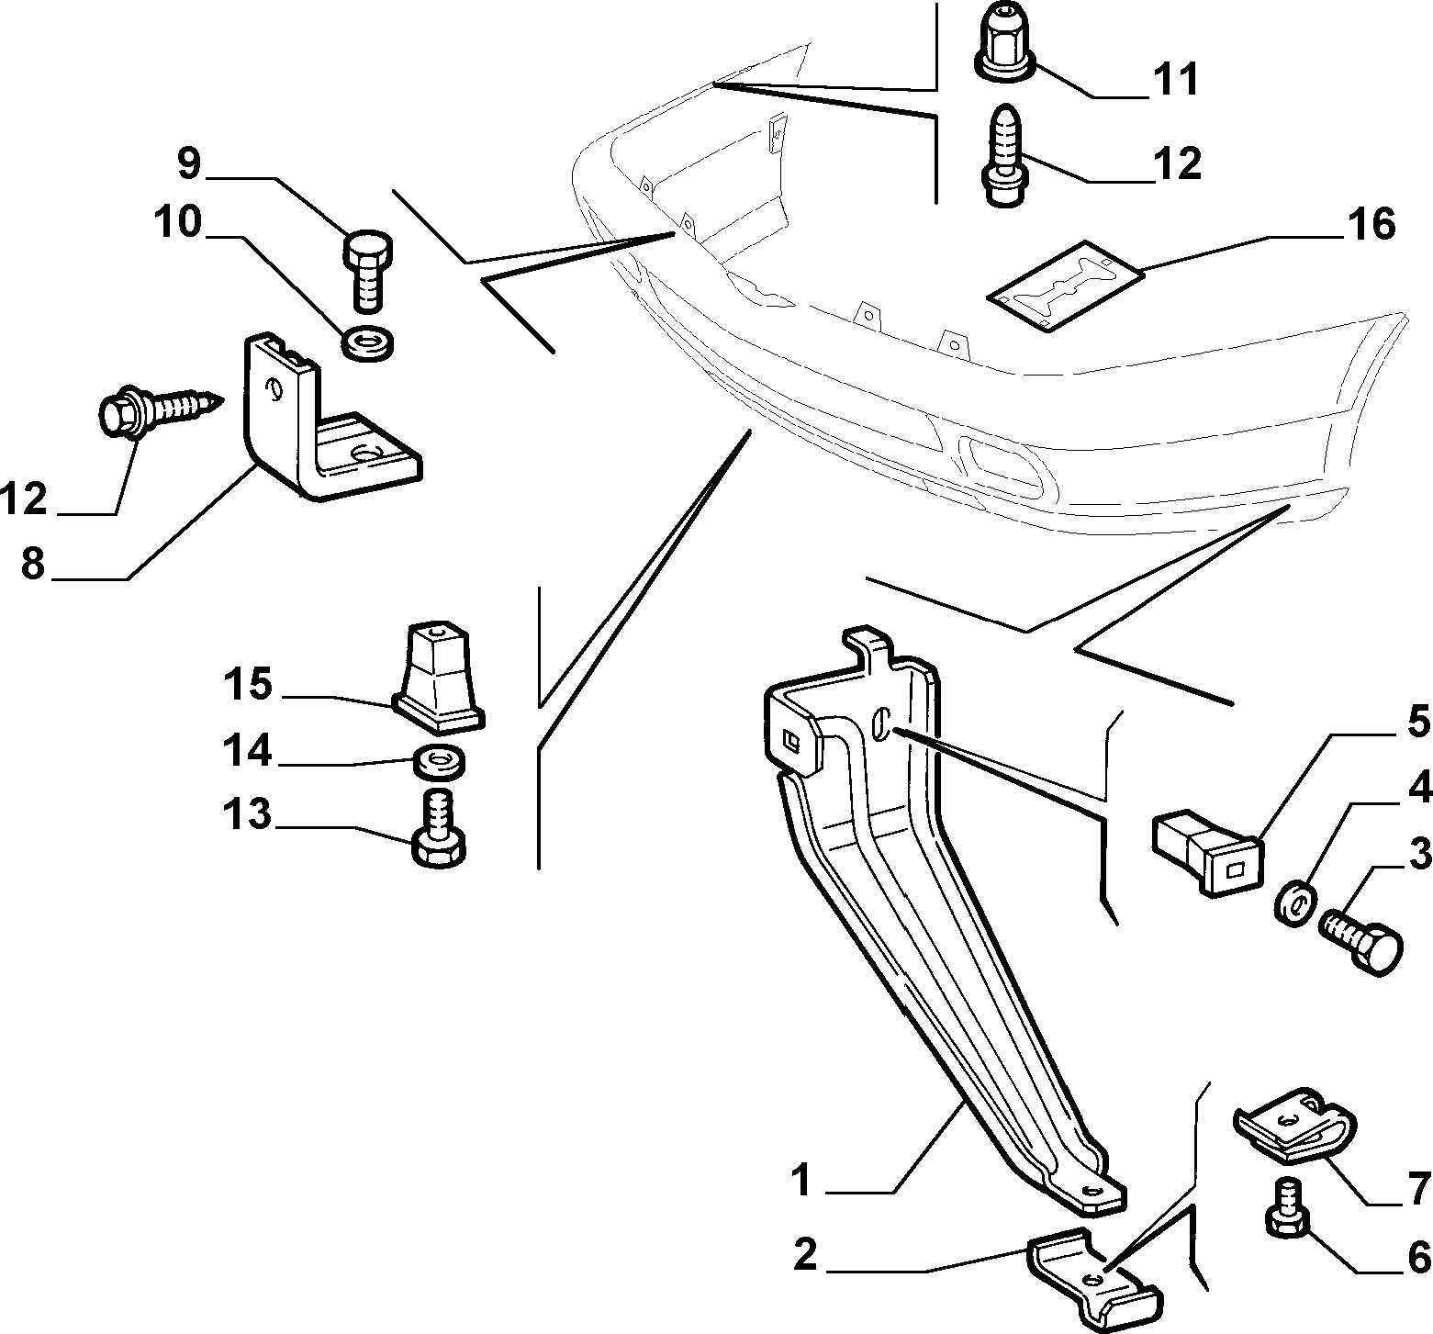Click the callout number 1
(801, 1181)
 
